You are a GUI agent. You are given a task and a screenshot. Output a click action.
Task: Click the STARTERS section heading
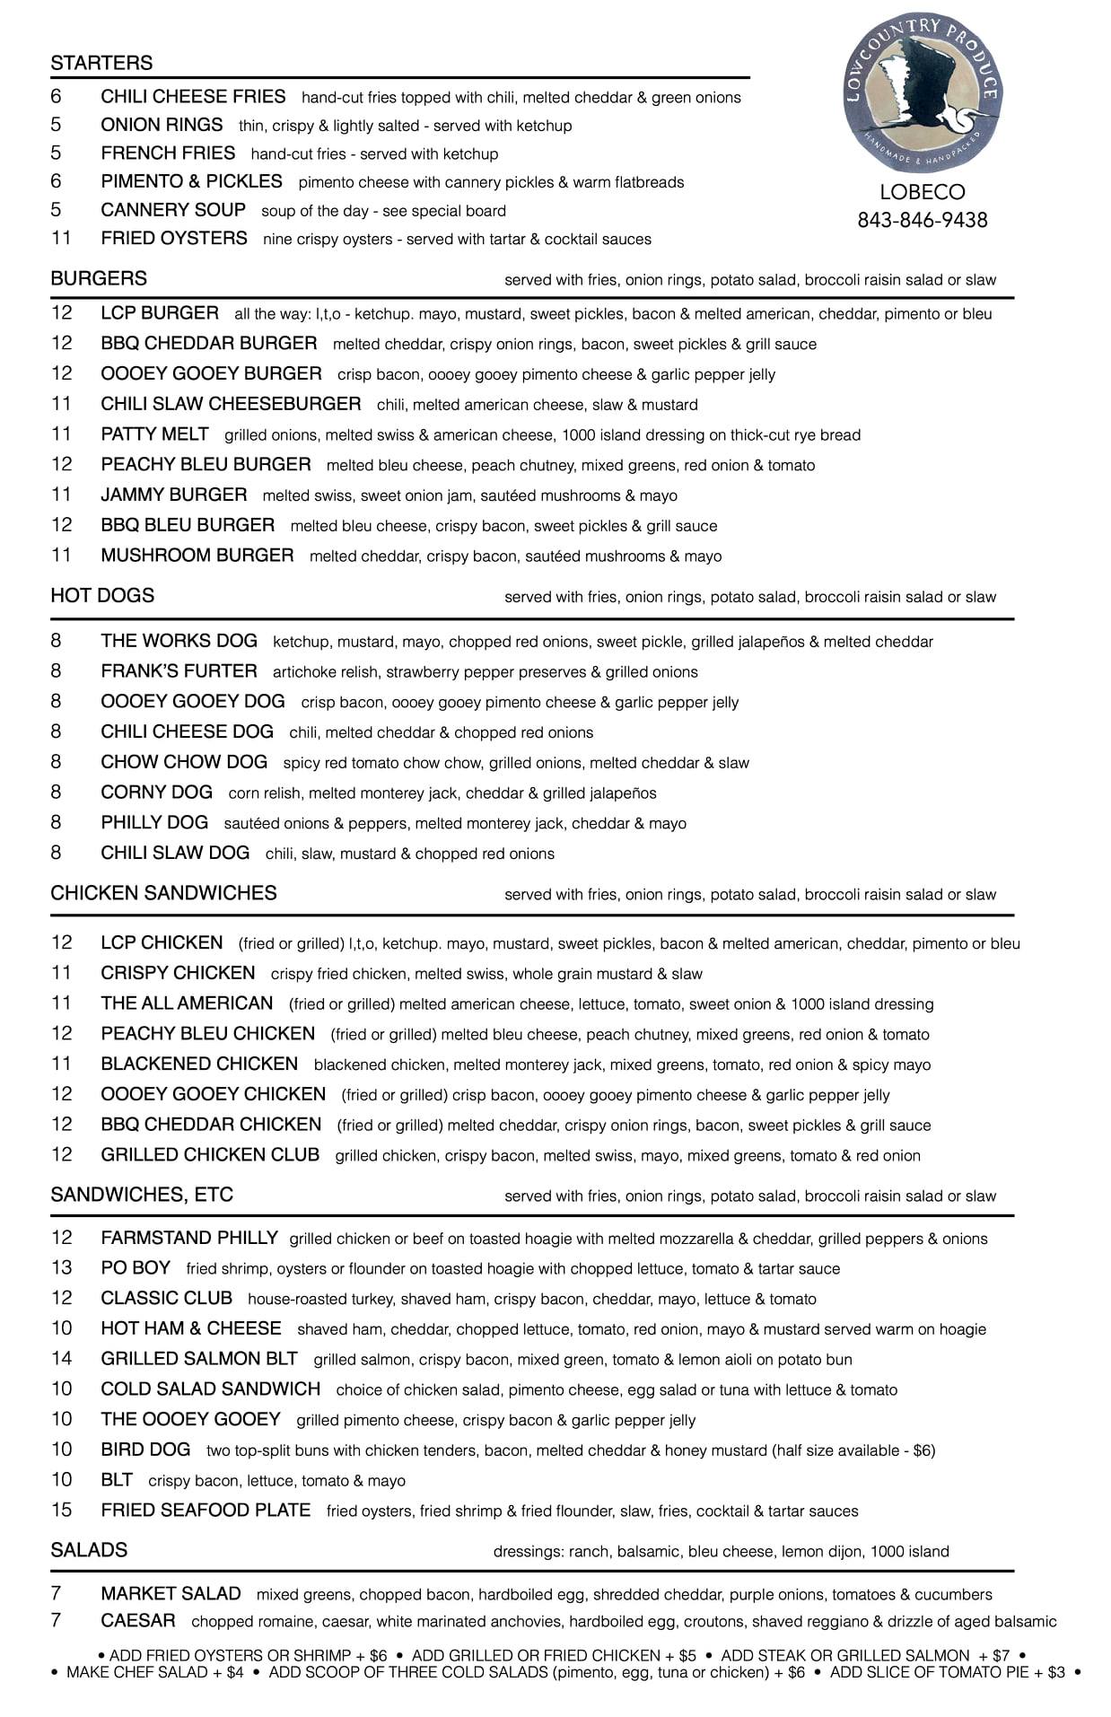[x=101, y=63]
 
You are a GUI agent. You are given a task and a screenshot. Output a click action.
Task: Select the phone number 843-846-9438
[x=922, y=220]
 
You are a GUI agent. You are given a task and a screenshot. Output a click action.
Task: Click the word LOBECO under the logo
[x=922, y=192]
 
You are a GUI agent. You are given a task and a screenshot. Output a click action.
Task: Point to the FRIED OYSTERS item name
[x=174, y=238]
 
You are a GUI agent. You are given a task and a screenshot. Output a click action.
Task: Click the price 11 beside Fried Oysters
[x=60, y=238]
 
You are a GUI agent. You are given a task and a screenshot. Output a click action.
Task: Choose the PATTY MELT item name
[x=154, y=434]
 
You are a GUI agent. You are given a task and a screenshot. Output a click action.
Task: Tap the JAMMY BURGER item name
[x=174, y=495]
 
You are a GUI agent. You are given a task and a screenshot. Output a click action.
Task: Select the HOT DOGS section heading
[x=102, y=595]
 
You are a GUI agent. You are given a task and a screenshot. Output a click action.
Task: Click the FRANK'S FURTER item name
[x=179, y=671]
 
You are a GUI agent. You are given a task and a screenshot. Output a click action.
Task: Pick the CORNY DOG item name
[x=156, y=793]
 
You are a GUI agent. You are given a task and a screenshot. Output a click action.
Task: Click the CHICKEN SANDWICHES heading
[x=163, y=893]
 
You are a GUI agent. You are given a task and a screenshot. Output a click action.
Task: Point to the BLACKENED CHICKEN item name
[x=199, y=1064]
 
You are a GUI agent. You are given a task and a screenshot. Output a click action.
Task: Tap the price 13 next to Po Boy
[x=61, y=1267]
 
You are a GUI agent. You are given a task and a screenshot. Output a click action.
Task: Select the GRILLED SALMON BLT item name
[x=199, y=1359]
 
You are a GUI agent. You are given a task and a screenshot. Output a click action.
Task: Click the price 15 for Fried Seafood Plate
[x=61, y=1510]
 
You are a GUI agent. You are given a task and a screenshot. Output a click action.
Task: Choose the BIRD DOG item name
[x=145, y=1450]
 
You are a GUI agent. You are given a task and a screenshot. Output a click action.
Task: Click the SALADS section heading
[x=89, y=1550]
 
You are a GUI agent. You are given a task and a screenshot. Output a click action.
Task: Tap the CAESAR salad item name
[x=138, y=1620]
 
